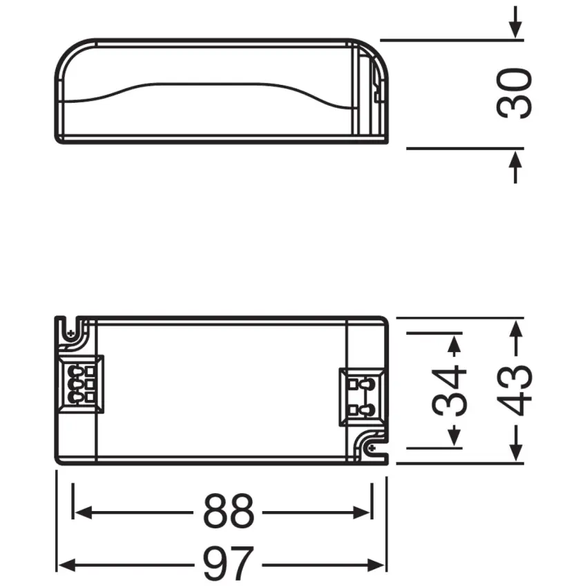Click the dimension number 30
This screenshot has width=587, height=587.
(515, 93)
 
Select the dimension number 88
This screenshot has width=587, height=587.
(229, 512)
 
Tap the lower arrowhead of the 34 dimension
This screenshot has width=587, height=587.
(454, 438)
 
